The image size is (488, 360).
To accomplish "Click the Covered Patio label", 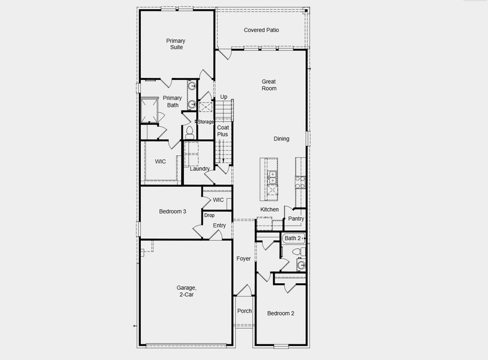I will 261,30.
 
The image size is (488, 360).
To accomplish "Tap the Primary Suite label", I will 176,44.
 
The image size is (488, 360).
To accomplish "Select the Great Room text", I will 269,85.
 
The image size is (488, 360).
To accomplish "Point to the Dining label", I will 281,139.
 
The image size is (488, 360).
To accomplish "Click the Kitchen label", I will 269,209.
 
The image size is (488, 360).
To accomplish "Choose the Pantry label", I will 296,219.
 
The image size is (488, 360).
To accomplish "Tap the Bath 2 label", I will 293,238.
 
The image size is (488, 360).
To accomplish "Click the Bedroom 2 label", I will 281,313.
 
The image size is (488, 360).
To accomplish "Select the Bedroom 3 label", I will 172,211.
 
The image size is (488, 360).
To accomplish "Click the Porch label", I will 244,311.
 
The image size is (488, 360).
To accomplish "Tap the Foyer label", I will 243,259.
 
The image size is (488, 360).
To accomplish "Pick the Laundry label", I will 200,169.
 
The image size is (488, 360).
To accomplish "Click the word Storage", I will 206,122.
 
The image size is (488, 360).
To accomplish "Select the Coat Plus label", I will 223,131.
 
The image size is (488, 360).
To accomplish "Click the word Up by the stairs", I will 224,97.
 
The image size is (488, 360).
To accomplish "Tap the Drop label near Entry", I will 209,215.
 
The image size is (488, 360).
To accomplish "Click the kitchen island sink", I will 272,176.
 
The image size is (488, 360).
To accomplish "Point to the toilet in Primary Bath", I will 189,130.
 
